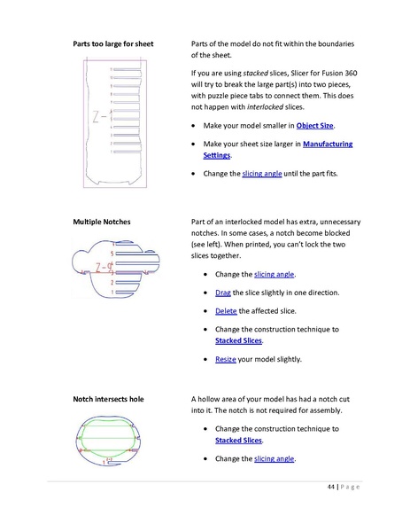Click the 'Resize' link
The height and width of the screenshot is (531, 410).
pos(227,360)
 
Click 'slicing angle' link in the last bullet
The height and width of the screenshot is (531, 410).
pos(275,458)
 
